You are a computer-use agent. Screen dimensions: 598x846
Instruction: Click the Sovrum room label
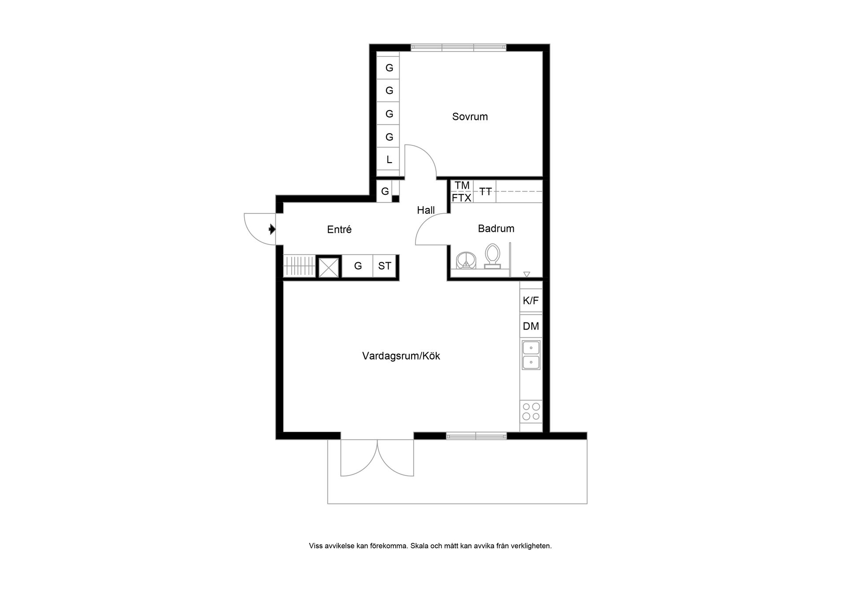(470, 117)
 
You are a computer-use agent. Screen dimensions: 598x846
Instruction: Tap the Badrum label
(496, 228)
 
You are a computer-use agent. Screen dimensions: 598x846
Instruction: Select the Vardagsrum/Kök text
(401, 356)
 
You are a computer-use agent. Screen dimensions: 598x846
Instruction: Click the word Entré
(339, 229)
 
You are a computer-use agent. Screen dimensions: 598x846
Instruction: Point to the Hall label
(426, 210)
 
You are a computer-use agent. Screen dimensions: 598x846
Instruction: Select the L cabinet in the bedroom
(389, 160)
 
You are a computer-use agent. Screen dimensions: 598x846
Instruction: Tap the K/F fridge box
(531, 301)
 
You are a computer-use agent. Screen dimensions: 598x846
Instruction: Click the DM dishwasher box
(531, 326)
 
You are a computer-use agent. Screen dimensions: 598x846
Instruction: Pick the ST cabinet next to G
(385, 266)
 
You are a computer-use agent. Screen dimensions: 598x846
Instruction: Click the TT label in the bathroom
(486, 191)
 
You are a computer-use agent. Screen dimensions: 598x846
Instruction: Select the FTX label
(461, 198)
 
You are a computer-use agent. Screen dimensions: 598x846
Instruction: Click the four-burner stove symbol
(531, 411)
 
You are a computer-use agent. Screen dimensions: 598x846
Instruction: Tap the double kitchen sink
(531, 355)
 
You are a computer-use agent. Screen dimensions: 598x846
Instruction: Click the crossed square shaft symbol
(329, 267)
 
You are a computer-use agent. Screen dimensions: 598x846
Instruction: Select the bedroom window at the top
(458, 48)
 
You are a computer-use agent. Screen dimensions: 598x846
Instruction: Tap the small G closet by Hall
(385, 191)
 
